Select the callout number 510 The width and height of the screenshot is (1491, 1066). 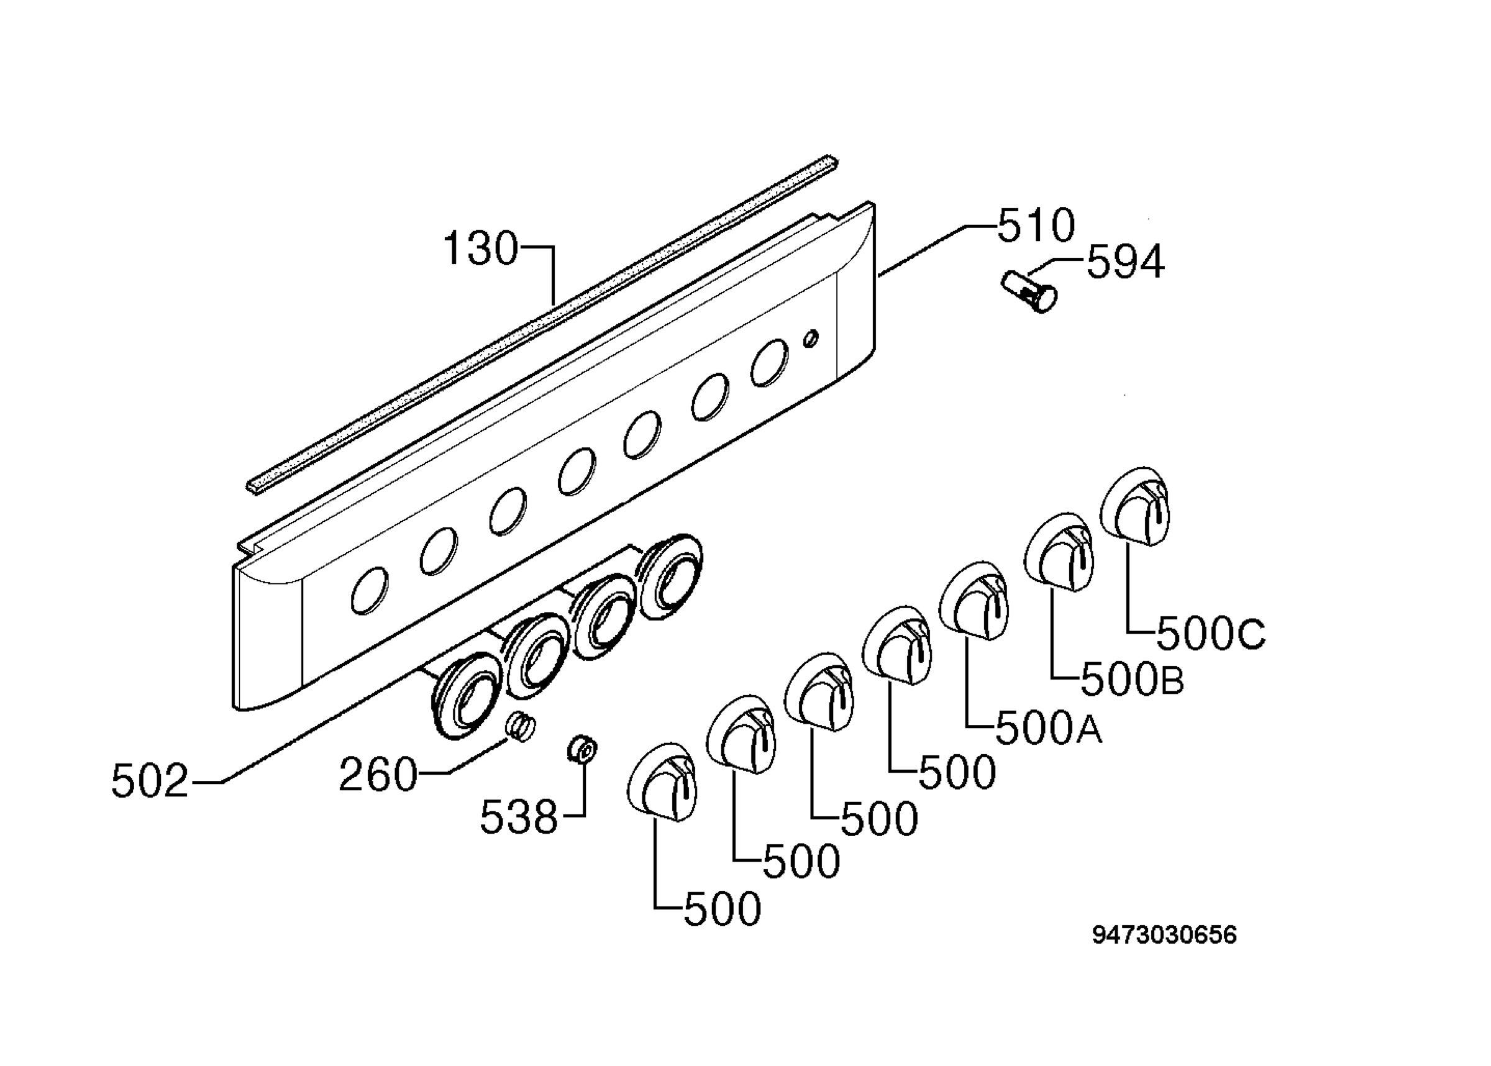click(1036, 225)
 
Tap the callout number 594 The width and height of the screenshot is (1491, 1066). click(1126, 262)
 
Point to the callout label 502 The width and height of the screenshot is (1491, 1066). click(150, 781)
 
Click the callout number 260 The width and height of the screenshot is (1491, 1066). click(378, 775)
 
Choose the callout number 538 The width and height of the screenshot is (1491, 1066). click(519, 818)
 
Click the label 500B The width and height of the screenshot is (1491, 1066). click(1132, 680)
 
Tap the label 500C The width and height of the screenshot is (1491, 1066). click(1211, 634)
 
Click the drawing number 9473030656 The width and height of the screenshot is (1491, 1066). click(1164, 935)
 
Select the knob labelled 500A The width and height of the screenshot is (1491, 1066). click(974, 601)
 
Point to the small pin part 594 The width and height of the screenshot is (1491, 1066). click(1029, 293)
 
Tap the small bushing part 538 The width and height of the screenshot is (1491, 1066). click(582, 750)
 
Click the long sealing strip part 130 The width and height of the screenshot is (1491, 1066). click(542, 325)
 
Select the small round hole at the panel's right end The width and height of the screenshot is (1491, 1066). click(811, 338)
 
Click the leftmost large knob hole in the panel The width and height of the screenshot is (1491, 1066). click(370, 591)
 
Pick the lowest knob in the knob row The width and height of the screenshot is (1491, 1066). click(662, 781)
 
